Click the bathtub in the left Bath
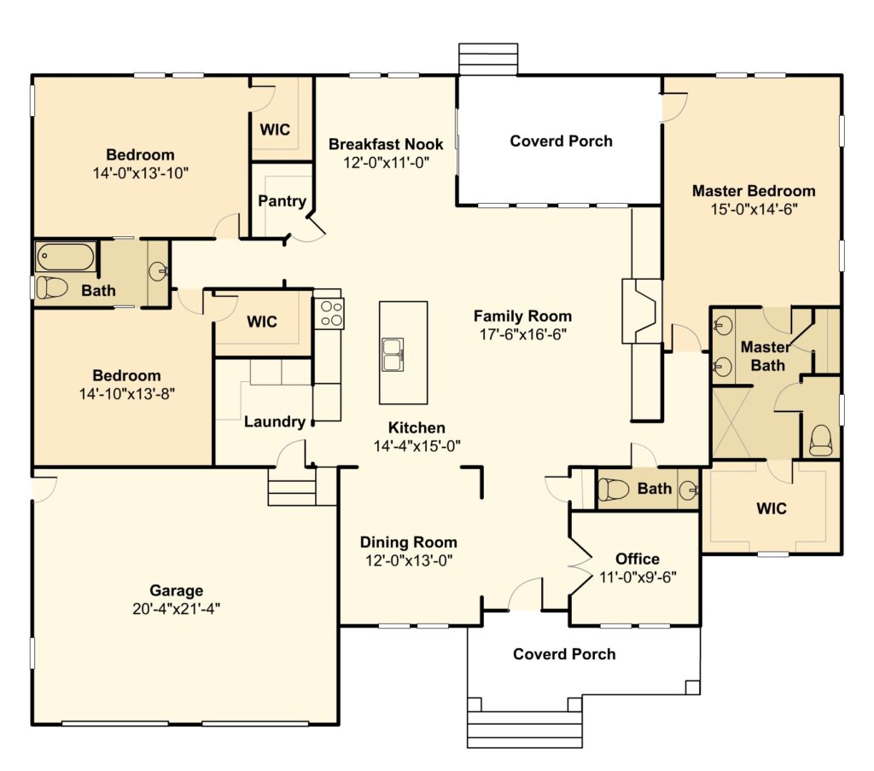(x=65, y=257)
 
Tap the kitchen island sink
(x=393, y=354)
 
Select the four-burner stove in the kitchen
(x=329, y=314)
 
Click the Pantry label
(x=282, y=200)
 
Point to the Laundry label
(x=274, y=421)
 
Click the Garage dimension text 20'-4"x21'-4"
(x=176, y=609)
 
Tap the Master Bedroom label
(x=754, y=190)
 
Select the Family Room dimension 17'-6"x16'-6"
(x=523, y=334)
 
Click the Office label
(x=637, y=559)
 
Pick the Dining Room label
(x=409, y=542)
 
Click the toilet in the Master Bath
(x=821, y=440)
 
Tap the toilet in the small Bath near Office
(x=613, y=490)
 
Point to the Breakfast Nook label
(x=386, y=144)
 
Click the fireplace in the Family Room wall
(x=642, y=311)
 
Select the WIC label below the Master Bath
(x=772, y=508)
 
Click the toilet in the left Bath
(x=52, y=287)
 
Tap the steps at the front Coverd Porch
(x=525, y=730)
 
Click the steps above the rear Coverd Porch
(x=488, y=59)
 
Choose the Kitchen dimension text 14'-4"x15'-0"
(x=417, y=446)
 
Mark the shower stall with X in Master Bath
(x=731, y=422)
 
